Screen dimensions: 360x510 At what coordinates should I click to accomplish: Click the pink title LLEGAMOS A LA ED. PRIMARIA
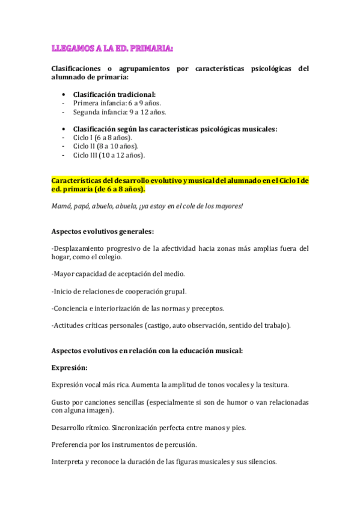112,48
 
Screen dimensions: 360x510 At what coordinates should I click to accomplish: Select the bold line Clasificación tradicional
114,94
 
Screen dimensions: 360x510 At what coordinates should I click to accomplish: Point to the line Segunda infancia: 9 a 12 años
111,112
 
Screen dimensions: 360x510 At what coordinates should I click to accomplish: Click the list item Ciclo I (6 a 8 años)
103,138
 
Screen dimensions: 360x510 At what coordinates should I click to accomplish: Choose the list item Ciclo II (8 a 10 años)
105,146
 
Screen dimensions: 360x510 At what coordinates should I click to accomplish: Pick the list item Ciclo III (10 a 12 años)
109,155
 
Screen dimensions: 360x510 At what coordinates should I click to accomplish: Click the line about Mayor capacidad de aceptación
118,274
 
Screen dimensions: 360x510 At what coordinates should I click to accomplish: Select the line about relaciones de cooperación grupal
118,291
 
